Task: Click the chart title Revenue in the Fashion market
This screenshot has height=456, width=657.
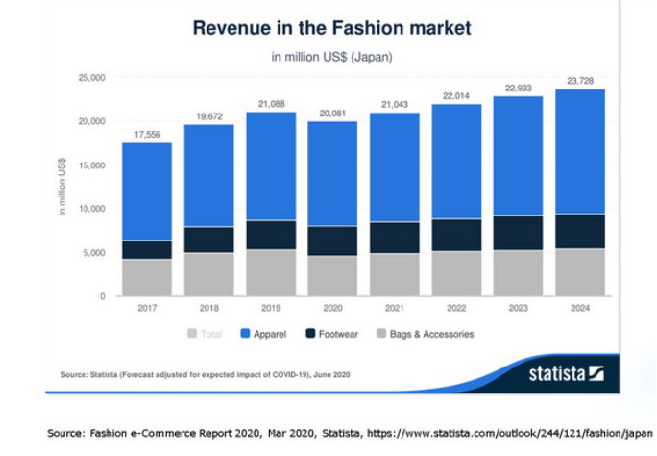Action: pyautogui.click(x=332, y=27)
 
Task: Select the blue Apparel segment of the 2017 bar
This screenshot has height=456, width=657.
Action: pyautogui.click(x=147, y=190)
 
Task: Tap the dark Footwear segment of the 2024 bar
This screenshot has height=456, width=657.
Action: pyautogui.click(x=580, y=231)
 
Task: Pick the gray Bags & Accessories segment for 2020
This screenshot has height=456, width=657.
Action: pyautogui.click(x=332, y=275)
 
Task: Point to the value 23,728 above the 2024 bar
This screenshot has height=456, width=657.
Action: pyautogui.click(x=580, y=80)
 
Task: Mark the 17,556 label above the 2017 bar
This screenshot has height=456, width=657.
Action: pyautogui.click(x=147, y=134)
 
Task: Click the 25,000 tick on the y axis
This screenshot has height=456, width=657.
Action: pyautogui.click(x=92, y=77)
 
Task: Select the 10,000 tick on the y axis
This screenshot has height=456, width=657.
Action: pyautogui.click(x=92, y=209)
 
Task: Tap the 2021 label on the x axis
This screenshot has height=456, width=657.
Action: pyautogui.click(x=395, y=309)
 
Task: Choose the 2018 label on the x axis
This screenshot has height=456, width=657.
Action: pyautogui.click(x=208, y=309)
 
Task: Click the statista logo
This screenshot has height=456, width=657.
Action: pyautogui.click(x=566, y=372)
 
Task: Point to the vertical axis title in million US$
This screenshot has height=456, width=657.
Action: pyautogui.click(x=64, y=188)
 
